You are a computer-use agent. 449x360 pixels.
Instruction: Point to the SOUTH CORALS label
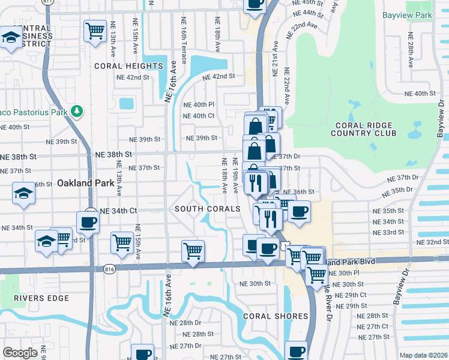coord(208,209)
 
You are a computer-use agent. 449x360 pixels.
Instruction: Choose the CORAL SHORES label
coord(276,316)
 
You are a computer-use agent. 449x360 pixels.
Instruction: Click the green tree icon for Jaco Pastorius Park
coord(76,111)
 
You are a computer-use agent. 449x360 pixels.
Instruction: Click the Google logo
coord(20,352)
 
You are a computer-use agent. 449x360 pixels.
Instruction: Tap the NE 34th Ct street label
coord(118,211)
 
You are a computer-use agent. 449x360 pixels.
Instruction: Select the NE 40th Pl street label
coord(199,104)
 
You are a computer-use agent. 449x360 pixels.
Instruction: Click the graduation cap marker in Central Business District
coord(10,38)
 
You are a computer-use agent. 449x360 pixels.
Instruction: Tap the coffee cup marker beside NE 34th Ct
coord(88,222)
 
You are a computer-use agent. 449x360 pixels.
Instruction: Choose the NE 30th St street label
coord(255,283)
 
